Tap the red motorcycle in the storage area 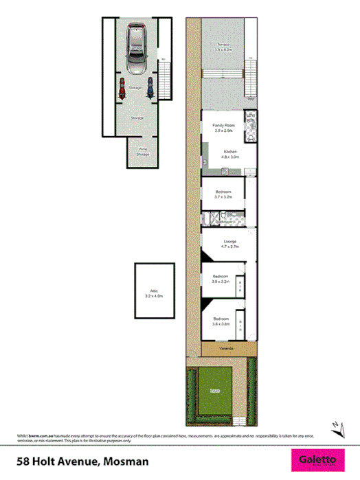[122, 88]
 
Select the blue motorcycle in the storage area [148, 88]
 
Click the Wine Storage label [143, 152]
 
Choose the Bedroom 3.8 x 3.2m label [221, 280]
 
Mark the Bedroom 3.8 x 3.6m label [221, 321]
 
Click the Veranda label [226, 350]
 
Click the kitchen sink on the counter [205, 162]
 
